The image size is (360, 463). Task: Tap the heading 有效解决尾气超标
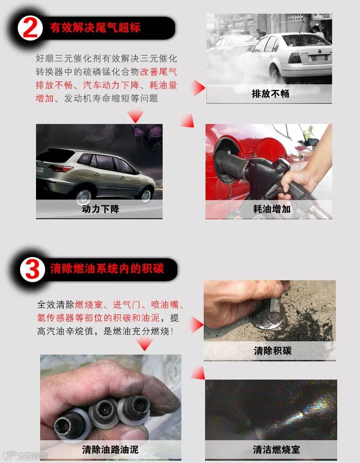click(x=95, y=28)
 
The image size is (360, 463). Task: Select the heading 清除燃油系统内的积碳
click(x=107, y=269)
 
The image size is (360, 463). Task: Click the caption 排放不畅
click(x=271, y=94)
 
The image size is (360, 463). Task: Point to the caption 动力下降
click(x=100, y=209)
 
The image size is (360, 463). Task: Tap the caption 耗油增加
click(x=272, y=209)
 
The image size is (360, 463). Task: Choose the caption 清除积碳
click(x=273, y=351)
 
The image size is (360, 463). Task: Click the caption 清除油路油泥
click(x=110, y=450)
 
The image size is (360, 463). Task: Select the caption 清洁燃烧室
click(x=277, y=450)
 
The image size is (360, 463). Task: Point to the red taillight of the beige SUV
click(x=61, y=169)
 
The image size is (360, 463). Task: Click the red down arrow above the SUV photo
click(x=135, y=115)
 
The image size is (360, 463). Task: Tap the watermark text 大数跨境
click(x=32, y=456)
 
